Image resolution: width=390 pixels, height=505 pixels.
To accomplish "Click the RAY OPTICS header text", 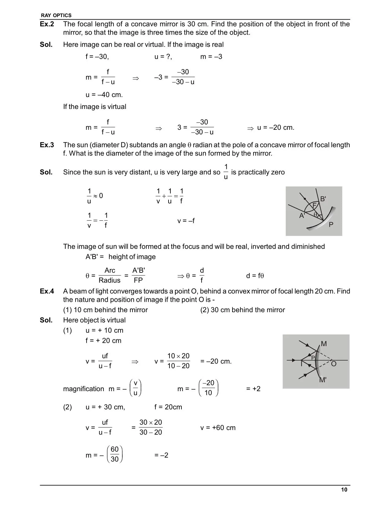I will click(x=56, y=15).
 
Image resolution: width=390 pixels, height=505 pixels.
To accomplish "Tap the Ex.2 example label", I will click(x=47, y=24).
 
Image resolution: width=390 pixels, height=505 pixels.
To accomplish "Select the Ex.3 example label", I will click(x=47, y=145).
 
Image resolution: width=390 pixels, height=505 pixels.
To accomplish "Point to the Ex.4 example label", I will click(x=47, y=291).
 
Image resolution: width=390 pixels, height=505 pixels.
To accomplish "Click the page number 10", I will click(x=344, y=490).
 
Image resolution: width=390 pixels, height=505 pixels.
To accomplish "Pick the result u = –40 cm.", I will click(x=104, y=95).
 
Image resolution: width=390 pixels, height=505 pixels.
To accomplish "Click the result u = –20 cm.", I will click(x=275, y=128).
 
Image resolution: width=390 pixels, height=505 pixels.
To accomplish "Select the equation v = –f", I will click(x=186, y=221).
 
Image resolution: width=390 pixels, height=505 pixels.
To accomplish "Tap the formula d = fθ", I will click(x=255, y=276).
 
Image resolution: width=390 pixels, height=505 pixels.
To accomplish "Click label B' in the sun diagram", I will click(x=323, y=199).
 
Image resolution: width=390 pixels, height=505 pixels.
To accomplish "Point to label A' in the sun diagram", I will click(x=302, y=216).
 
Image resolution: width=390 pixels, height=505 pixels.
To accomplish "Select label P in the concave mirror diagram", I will click(x=331, y=225).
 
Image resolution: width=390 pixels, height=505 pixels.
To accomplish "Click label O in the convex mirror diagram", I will click(x=334, y=364).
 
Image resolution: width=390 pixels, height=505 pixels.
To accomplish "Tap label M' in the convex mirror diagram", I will click(x=323, y=380).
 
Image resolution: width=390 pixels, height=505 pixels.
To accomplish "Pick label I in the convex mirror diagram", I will click(x=301, y=364).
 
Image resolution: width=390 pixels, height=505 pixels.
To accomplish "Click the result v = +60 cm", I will click(x=218, y=428).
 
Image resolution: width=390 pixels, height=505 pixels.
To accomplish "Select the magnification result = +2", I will click(x=253, y=389).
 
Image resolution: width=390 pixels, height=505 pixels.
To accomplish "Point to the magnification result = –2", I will click(x=162, y=455).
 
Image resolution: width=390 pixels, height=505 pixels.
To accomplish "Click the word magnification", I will click(x=84, y=389).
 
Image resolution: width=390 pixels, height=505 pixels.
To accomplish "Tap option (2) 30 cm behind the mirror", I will click(x=243, y=310).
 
